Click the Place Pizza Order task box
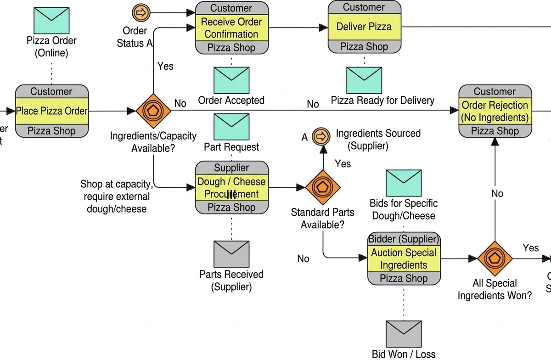51,111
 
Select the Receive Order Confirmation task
231,28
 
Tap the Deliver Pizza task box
364,27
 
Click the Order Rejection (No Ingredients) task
495,111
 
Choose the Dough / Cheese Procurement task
231,187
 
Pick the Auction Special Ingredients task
404,259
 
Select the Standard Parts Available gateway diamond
323,187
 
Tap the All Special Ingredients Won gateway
495,259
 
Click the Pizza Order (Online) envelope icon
51,19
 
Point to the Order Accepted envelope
231,80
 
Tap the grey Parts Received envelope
231,254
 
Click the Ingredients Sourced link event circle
321,136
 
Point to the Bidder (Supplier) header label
404,239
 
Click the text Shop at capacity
117,185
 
